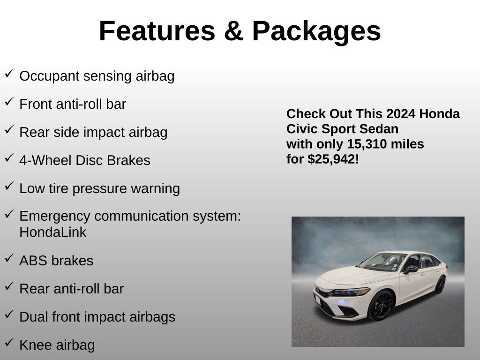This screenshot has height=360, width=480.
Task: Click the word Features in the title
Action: [157, 31]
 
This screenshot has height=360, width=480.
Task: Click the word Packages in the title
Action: [316, 32]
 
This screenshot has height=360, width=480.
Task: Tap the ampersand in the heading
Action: [233, 31]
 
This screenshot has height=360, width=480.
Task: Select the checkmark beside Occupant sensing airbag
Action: [9, 74]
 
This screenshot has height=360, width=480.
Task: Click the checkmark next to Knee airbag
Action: [9, 342]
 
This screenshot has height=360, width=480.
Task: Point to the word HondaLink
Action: [52, 232]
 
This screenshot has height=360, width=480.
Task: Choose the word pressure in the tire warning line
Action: [99, 189]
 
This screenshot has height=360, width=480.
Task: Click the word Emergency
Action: [55, 217]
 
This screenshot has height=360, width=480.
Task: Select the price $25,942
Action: [331, 159]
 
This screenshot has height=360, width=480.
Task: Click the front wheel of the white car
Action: [382, 306]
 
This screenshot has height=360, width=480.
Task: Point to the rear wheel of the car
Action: [441, 285]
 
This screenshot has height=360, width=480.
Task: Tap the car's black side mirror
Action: [411, 269]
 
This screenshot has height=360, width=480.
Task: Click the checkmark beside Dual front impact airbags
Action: [9, 314]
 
